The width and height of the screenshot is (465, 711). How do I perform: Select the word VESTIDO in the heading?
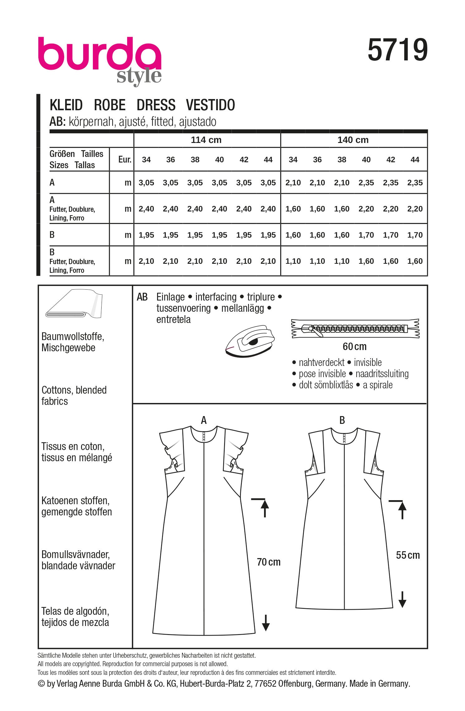tap(210, 105)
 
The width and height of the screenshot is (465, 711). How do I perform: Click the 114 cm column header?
tap(206, 140)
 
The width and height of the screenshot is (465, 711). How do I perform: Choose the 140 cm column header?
tap(353, 140)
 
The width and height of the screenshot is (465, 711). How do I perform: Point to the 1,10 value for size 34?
tap(293, 261)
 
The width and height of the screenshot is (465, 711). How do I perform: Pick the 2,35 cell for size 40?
tap(366, 183)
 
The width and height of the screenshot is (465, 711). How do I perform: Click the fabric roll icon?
tap(74, 304)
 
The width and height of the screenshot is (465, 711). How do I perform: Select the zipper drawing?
tap(355, 328)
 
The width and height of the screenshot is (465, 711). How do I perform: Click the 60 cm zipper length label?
tap(355, 346)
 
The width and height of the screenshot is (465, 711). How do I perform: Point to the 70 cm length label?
tap(269, 562)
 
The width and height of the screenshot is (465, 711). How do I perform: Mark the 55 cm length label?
tap(408, 555)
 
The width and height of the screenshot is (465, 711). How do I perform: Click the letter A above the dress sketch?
tap(204, 420)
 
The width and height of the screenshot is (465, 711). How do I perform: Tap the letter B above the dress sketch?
tap(342, 420)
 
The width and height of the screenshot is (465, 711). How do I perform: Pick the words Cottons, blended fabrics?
tap(74, 396)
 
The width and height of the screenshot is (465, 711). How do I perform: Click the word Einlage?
tap(170, 297)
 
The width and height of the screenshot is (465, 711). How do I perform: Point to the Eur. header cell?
tap(125, 159)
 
